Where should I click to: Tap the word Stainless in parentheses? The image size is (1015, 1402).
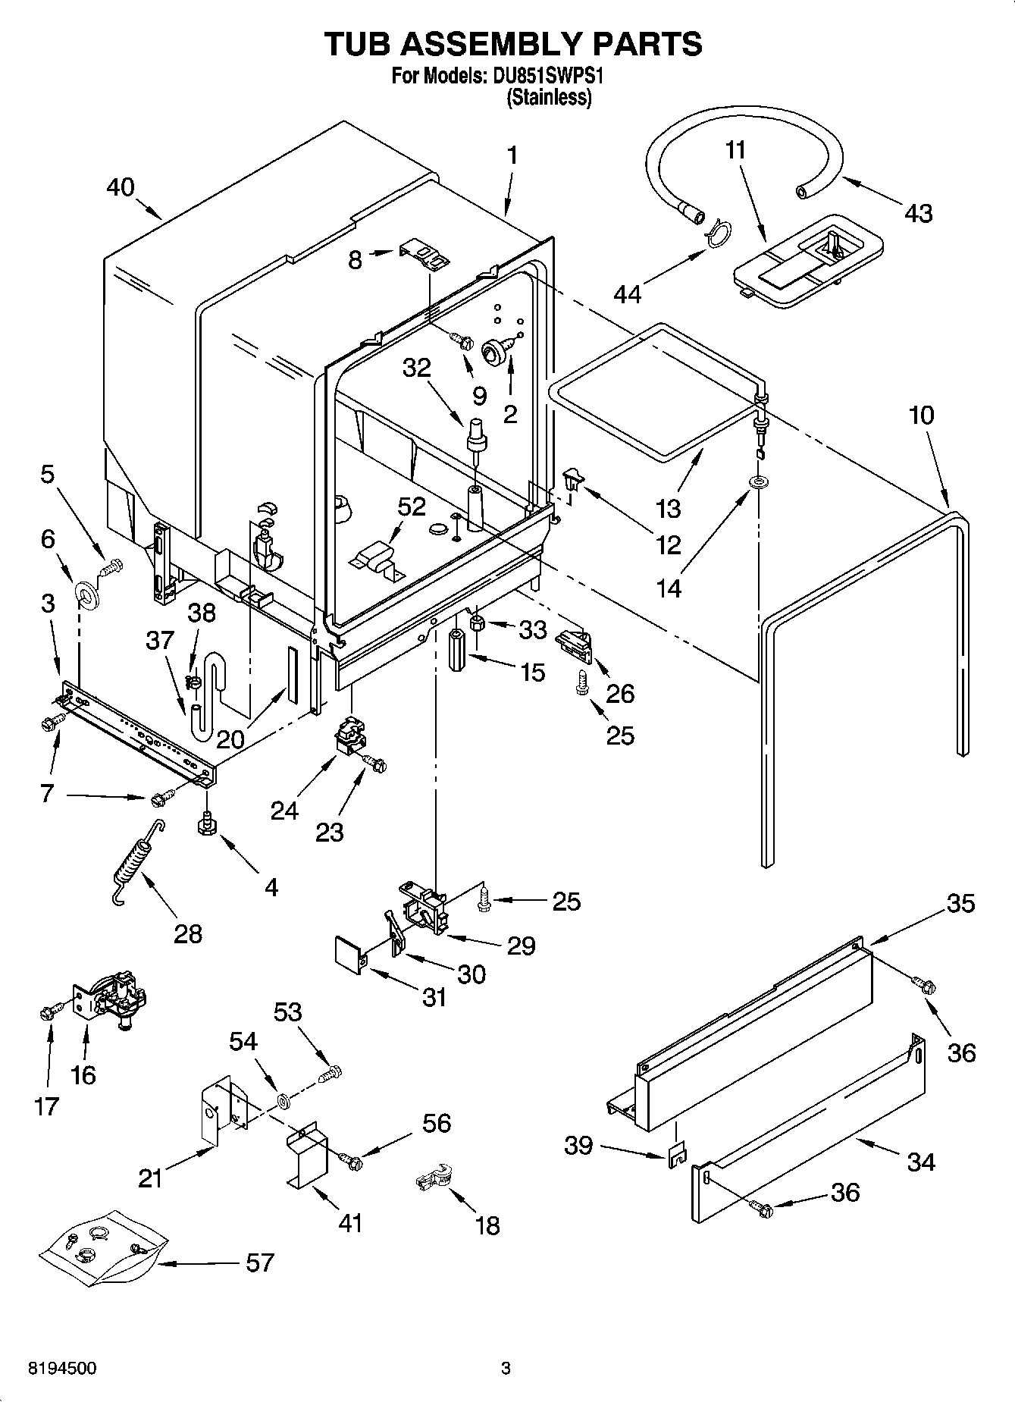[x=549, y=98]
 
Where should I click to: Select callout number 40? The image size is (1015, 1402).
[x=121, y=187]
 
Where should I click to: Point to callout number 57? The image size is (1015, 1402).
[x=259, y=1262]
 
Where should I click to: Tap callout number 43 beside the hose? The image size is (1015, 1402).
[x=918, y=214]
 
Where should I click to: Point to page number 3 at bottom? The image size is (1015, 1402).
[x=506, y=1369]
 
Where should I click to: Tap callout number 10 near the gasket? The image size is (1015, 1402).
[x=922, y=416]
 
